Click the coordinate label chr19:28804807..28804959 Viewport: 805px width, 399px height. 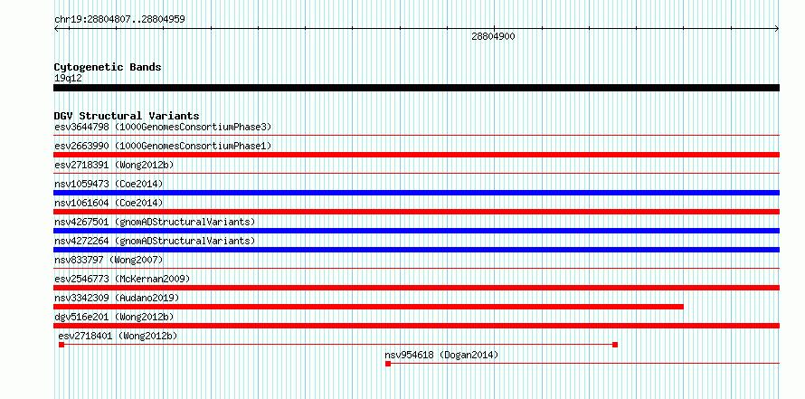[x=119, y=19]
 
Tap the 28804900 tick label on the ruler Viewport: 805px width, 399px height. [x=493, y=36]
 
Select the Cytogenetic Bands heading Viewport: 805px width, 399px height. [x=108, y=67]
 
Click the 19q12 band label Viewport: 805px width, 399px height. [x=68, y=78]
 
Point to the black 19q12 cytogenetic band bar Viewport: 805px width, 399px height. [x=416, y=88]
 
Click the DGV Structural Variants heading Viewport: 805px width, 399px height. [x=127, y=116]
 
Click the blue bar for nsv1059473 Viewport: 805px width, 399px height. [x=416, y=193]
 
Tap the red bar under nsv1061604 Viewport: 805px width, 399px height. [x=416, y=212]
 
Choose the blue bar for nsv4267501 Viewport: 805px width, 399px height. [x=416, y=231]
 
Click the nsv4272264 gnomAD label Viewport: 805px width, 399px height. [x=155, y=241]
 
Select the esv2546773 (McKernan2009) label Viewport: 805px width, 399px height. [x=122, y=279]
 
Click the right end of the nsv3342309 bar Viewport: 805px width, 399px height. [x=683, y=307]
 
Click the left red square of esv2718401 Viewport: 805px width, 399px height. [x=62, y=345]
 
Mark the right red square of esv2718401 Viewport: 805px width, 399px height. [x=615, y=345]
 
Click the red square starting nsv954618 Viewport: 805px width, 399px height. [x=388, y=364]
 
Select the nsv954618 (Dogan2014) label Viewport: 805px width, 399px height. [x=441, y=355]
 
